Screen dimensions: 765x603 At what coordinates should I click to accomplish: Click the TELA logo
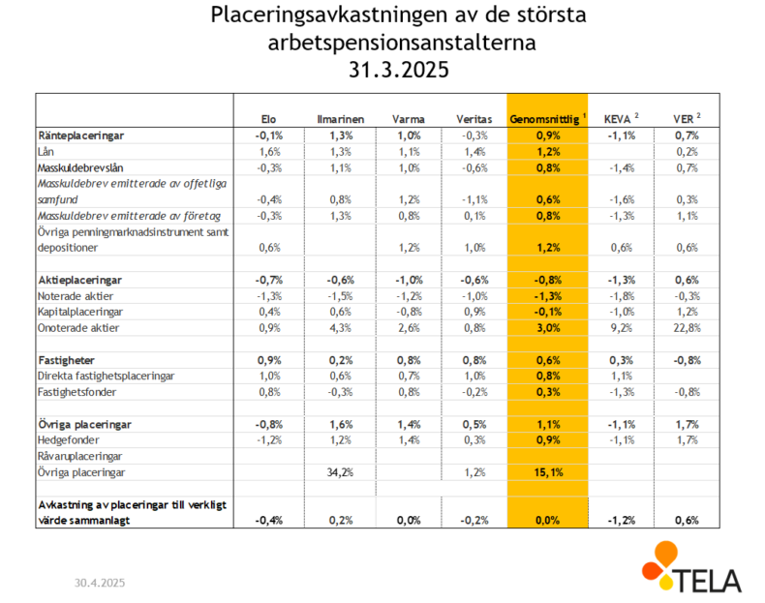coord(691,567)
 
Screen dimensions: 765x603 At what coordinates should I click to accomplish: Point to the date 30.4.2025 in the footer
coord(100,583)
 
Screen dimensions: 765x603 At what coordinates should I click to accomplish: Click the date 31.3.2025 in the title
coord(399,70)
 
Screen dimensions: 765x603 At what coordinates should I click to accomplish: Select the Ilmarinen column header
coord(340,119)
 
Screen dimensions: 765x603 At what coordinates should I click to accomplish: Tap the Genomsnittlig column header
coord(544,119)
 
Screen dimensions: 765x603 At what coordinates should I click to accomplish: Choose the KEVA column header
coord(617,119)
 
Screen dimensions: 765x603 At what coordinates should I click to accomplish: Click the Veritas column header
coord(474,119)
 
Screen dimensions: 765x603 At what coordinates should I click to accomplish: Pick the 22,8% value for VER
coord(687,328)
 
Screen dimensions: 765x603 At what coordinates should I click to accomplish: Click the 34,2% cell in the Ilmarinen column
coord(340,472)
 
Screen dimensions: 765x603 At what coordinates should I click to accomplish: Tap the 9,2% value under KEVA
coord(622,328)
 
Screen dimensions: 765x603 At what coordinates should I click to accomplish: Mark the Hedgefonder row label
coord(69,440)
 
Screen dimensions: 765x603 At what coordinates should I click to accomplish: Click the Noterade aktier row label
coord(76,296)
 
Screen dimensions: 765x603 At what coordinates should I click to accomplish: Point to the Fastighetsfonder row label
coord(77,392)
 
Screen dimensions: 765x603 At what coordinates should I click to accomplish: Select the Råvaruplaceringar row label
coord(80,456)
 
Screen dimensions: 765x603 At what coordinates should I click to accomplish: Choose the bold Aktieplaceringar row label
coord(80,281)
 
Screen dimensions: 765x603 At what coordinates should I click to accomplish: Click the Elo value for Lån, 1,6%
coord(270,152)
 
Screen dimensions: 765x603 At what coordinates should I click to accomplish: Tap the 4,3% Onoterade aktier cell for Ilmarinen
coord(340,328)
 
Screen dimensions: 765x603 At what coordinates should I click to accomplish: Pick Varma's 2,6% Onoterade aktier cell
coord(409,328)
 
